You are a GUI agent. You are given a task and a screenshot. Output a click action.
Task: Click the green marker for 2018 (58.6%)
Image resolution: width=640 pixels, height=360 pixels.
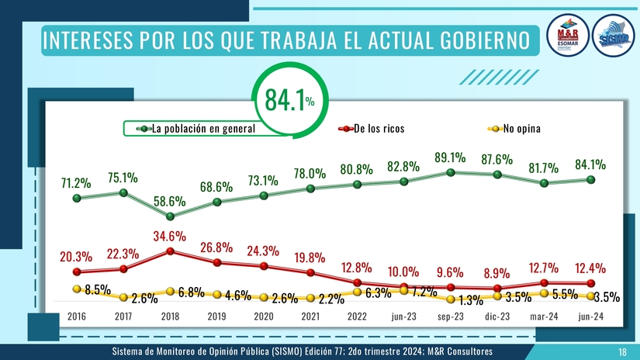(170, 216)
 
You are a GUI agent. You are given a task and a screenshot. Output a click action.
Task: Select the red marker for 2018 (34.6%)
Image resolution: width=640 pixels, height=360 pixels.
(170, 251)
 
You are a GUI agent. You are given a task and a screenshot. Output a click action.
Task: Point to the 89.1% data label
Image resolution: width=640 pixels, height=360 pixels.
(450, 157)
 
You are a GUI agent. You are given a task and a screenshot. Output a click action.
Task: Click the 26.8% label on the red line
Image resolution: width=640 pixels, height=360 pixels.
(216, 247)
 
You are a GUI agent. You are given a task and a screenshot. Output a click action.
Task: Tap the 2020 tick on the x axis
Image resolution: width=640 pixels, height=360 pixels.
(264, 317)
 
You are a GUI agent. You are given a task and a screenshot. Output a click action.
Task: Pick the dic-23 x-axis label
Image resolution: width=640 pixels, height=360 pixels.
(497, 317)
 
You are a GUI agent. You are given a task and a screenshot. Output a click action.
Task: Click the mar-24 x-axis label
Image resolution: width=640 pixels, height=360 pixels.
(544, 317)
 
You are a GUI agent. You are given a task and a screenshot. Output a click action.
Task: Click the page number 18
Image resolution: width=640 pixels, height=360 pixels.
(622, 353)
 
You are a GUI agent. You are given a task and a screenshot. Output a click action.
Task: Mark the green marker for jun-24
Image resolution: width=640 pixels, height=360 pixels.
(591, 179)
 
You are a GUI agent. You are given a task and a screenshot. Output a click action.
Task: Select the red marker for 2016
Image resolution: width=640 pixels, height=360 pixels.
(76, 272)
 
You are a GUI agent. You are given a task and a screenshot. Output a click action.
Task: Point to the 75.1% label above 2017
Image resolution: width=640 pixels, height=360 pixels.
(123, 177)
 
